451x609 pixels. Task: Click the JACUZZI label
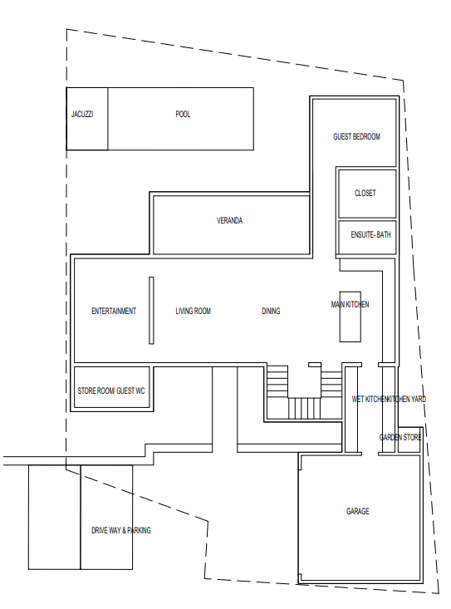[82, 114]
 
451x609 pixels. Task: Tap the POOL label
[183, 114]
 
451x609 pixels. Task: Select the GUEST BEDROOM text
[356, 136]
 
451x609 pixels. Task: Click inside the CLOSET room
[367, 194]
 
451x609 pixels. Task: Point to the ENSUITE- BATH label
[370, 234]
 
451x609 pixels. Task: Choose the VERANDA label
[230, 221]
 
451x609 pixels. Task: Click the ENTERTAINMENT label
[114, 311]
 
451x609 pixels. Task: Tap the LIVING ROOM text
[194, 311]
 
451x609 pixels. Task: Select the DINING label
[271, 311]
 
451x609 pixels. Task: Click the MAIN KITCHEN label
[351, 304]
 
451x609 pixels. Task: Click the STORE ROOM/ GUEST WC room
[112, 387]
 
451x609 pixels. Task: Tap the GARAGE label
[358, 511]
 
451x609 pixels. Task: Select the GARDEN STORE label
[400, 437]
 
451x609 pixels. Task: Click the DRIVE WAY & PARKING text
[121, 530]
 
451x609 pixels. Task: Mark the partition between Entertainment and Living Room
[151, 311]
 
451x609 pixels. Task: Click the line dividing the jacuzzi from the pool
[108, 119]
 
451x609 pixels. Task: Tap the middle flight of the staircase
[304, 408]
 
